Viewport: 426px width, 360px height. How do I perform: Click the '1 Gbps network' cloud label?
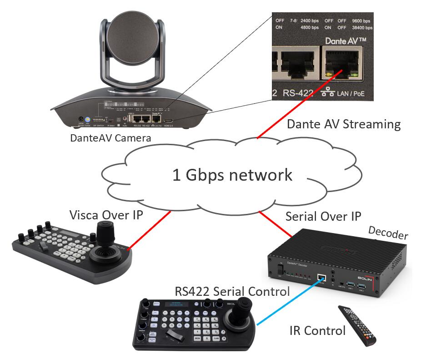pos(232,175)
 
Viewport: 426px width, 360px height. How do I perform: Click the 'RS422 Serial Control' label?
pos(232,292)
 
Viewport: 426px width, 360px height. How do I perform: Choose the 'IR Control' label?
pos(317,330)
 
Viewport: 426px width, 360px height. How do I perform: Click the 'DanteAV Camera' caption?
pos(111,137)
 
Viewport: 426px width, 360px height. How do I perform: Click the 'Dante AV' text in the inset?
pos(346,41)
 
